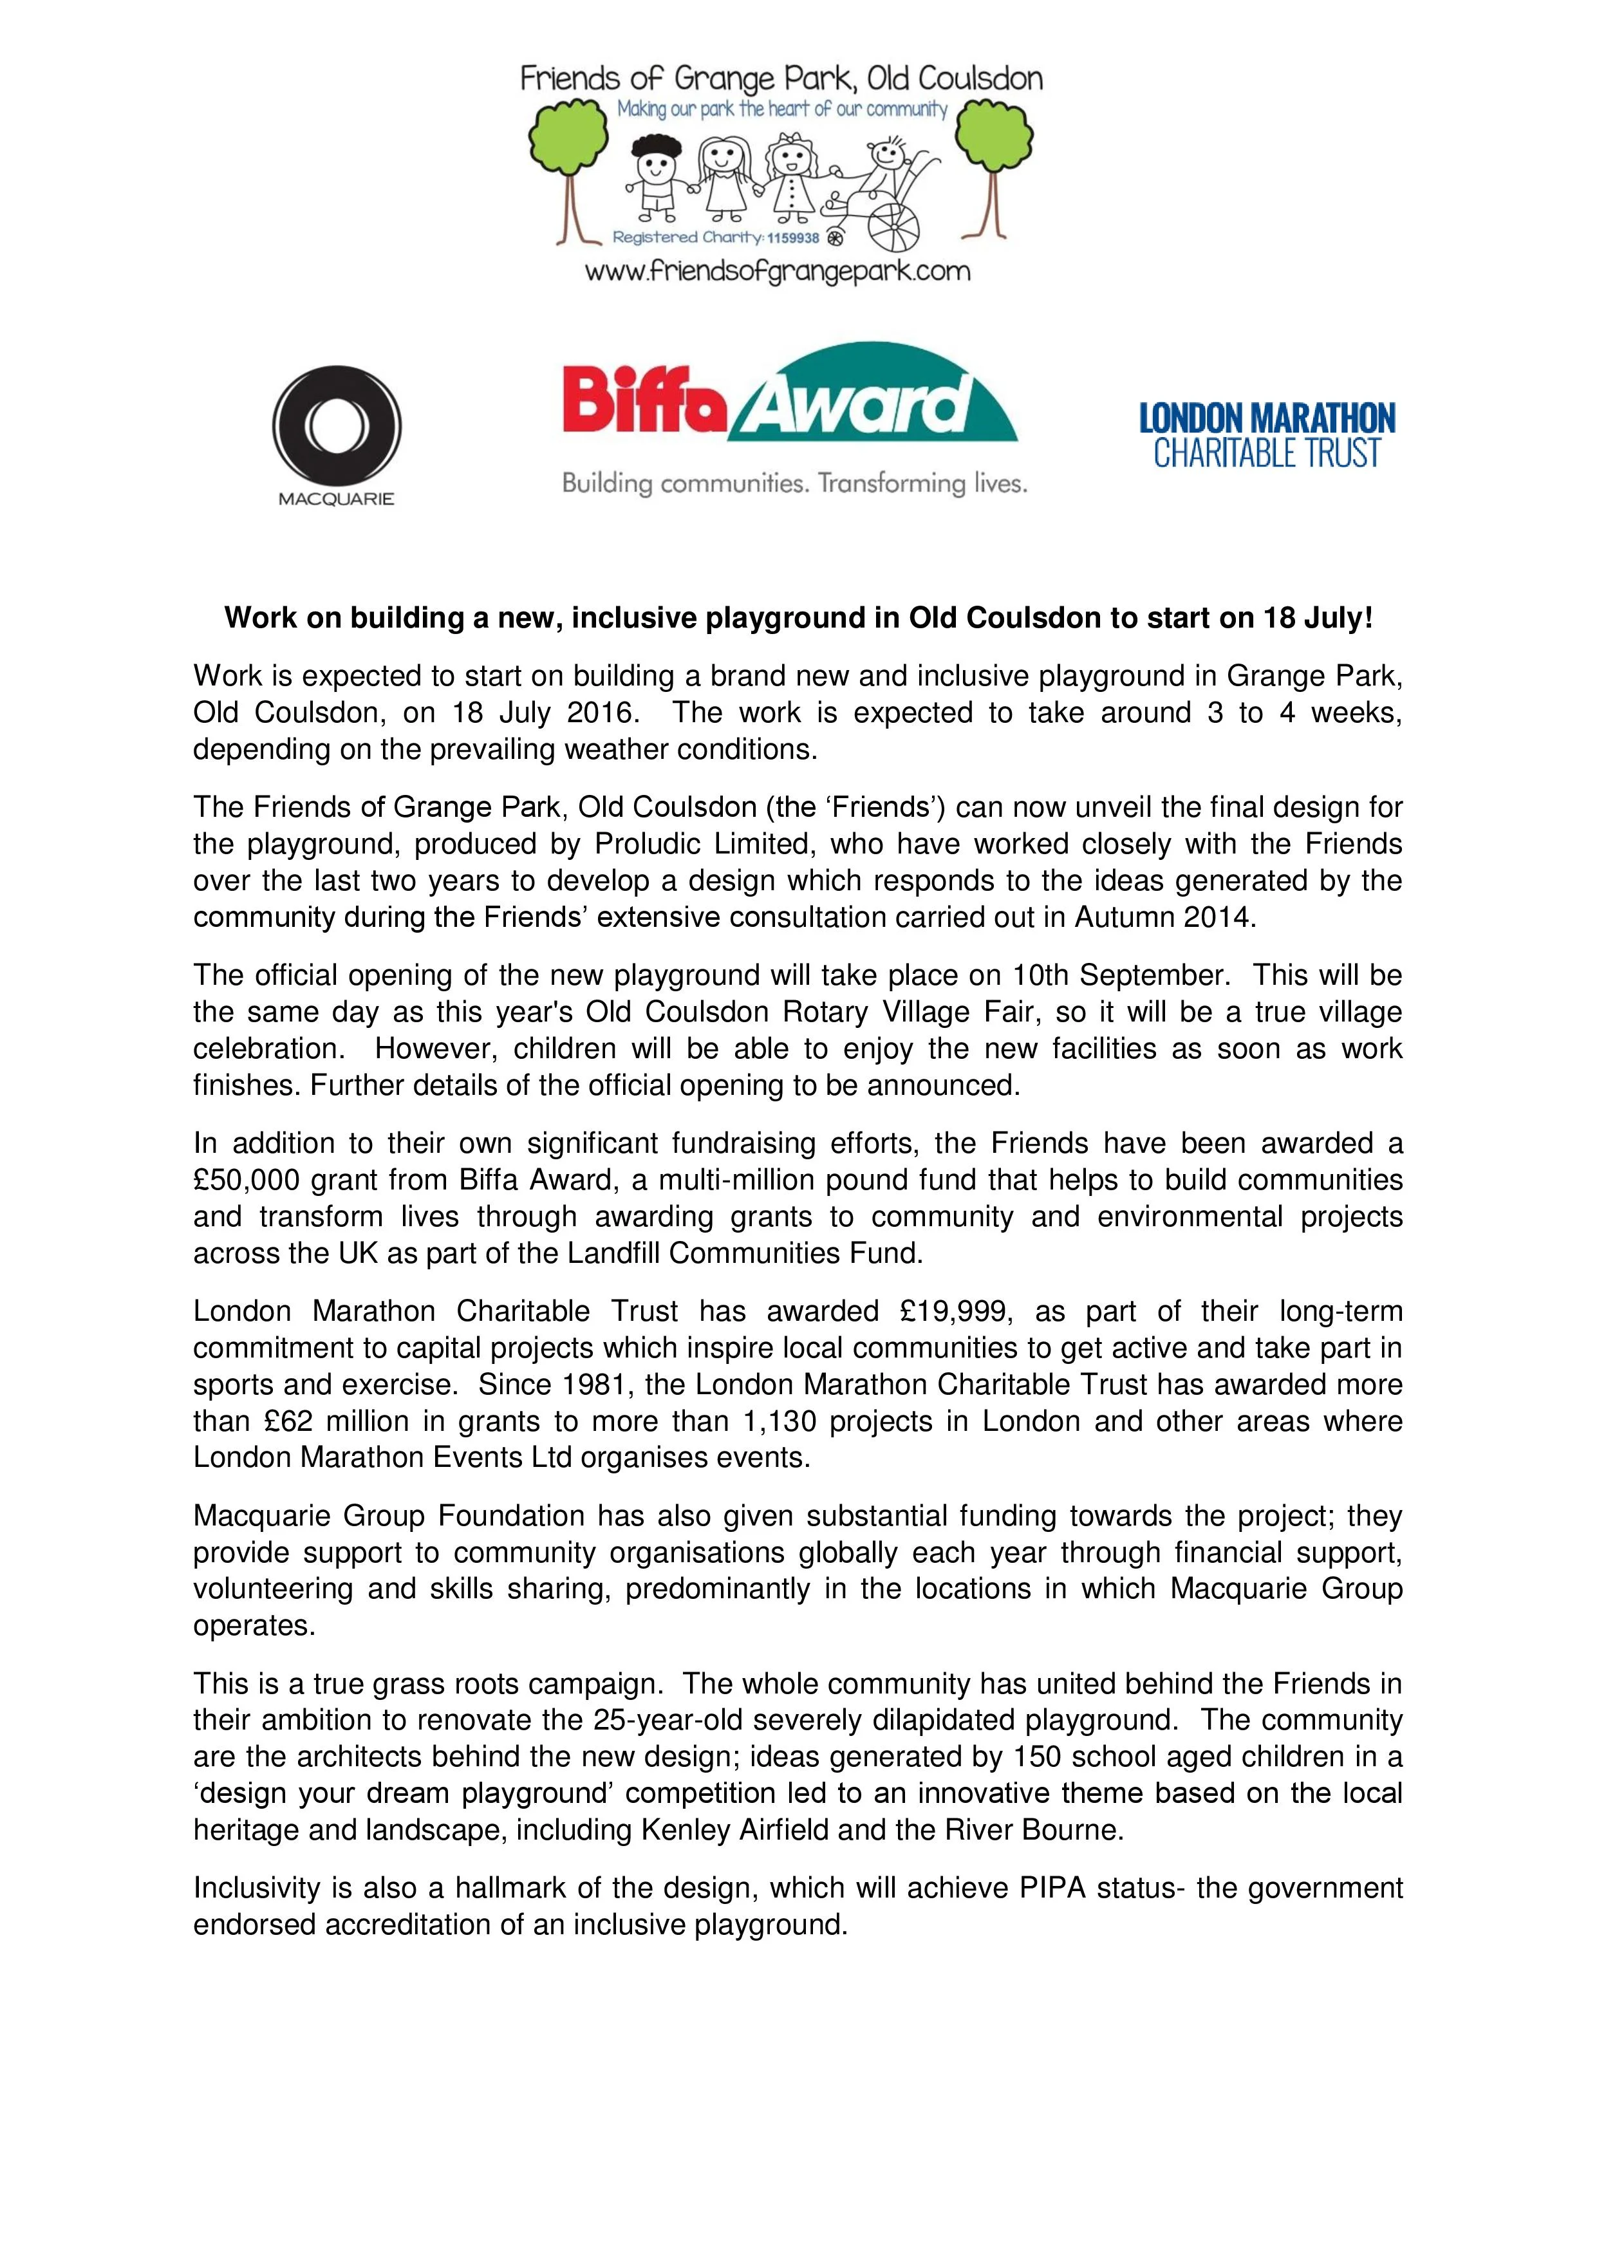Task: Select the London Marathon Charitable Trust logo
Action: point(1267,434)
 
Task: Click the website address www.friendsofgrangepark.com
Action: point(777,272)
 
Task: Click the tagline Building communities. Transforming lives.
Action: point(794,484)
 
